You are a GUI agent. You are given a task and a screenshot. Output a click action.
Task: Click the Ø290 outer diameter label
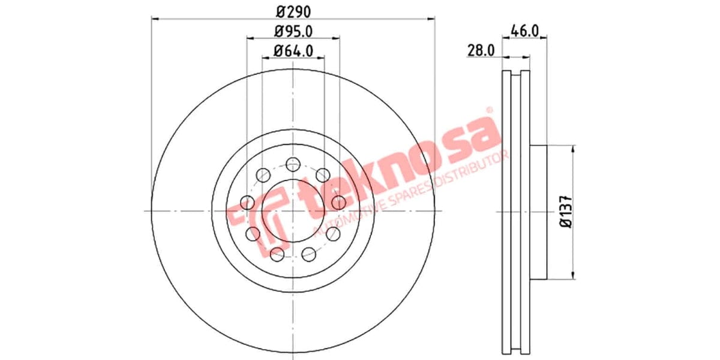[x=293, y=11]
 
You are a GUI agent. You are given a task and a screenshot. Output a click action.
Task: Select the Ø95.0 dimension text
[x=293, y=31]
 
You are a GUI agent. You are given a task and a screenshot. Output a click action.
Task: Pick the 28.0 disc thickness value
[x=480, y=51]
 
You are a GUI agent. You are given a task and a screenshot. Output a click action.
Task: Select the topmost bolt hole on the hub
[x=293, y=163]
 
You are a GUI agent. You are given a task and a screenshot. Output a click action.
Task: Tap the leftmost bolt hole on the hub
[x=247, y=203]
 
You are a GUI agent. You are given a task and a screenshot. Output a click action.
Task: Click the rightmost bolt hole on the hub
[x=339, y=202]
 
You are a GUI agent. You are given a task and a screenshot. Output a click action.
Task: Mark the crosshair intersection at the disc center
[x=293, y=211]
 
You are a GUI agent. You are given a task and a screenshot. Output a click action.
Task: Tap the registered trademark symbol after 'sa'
[x=489, y=110]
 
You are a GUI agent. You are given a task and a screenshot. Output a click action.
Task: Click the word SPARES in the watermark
[x=414, y=195]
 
